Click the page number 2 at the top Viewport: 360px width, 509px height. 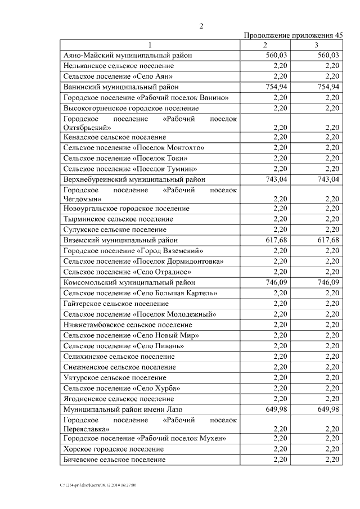pyautogui.click(x=201, y=25)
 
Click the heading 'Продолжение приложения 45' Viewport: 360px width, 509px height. pyautogui.click(x=293, y=35)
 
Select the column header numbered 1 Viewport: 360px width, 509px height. pyautogui.click(x=150, y=45)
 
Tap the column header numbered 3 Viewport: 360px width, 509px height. pyautogui.click(x=317, y=45)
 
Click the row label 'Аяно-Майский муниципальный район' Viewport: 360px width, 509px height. pyautogui.click(x=128, y=56)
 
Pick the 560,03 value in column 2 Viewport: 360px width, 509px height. pyautogui.click(x=276, y=56)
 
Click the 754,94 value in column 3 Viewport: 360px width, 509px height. pyautogui.click(x=328, y=87)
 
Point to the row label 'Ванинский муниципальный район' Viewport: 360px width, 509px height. pyautogui.click(x=121, y=87)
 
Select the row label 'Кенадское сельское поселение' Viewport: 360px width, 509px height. pyautogui.click(x=115, y=137)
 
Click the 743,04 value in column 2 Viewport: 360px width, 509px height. pyautogui.click(x=276, y=179)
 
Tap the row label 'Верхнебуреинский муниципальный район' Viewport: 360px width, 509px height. pyautogui.click(x=134, y=179)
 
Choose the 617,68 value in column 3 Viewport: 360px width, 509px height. pyautogui.click(x=328, y=240)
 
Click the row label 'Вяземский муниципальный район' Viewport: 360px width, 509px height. pyautogui.click(x=120, y=240)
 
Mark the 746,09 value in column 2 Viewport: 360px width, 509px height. pyautogui.click(x=276, y=282)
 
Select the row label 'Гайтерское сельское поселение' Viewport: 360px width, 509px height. pyautogui.click(x=116, y=304)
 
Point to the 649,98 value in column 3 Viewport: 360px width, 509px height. pyautogui.click(x=328, y=409)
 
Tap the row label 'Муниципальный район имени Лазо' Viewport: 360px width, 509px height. pyautogui.click(x=123, y=409)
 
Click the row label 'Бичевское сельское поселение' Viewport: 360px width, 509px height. pyautogui.click(x=115, y=460)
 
